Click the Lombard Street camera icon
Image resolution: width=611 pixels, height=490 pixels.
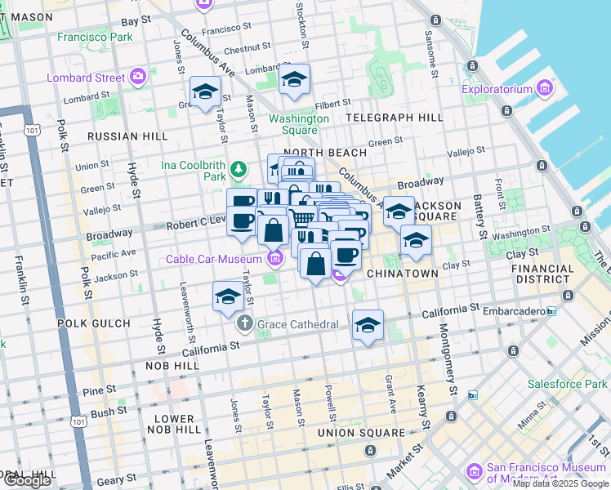pos(137,78)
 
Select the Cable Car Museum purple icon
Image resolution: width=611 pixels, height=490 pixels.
pos(274,259)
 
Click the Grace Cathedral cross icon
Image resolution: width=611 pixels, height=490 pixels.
pos(244,324)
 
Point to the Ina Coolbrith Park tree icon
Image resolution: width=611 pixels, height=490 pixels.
pos(238,170)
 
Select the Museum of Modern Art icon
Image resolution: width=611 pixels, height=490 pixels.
pos(474,472)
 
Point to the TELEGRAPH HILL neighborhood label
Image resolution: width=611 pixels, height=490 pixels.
pos(395,118)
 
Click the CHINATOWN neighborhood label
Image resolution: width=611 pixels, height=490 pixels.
pos(402,273)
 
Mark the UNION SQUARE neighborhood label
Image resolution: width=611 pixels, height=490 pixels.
pos(360,432)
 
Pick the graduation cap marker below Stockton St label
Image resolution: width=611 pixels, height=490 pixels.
pos(293,80)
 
